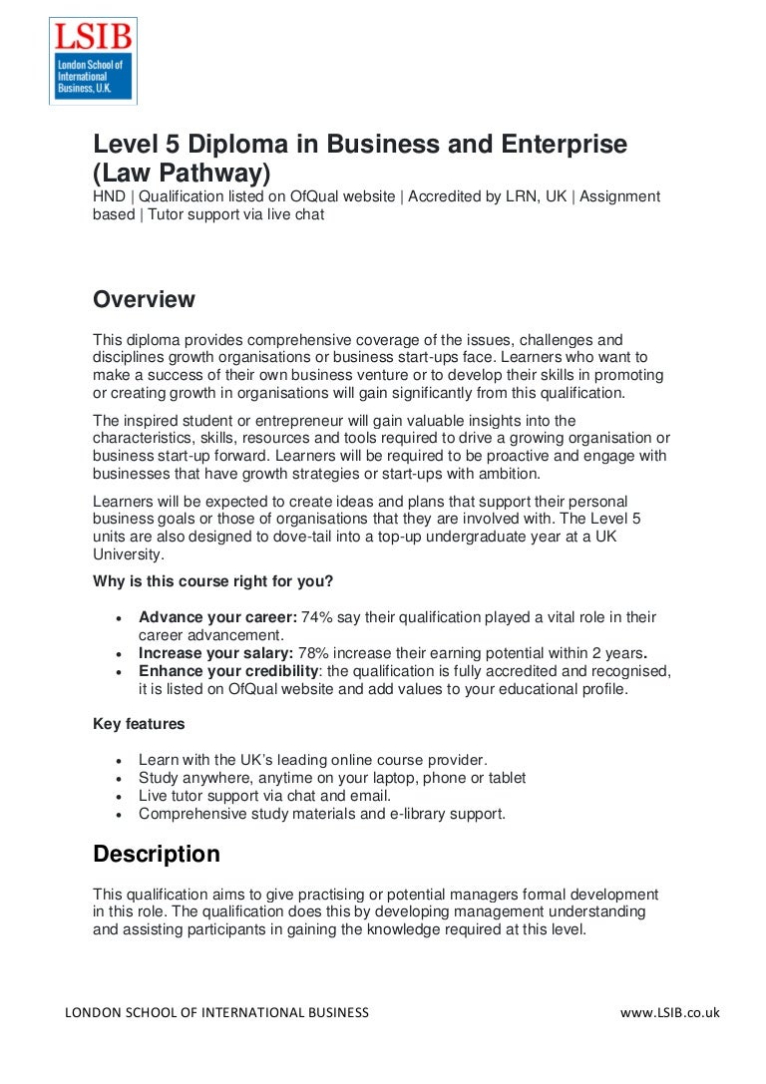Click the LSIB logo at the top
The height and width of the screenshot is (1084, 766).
coord(93,60)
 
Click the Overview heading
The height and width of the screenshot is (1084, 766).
coord(144,299)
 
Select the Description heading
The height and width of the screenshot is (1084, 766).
coord(157,855)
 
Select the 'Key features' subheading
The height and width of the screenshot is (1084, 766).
coord(139,724)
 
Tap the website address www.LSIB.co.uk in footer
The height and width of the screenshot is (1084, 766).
coord(669,1012)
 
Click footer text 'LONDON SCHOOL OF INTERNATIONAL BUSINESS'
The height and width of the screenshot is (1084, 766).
coord(216,1012)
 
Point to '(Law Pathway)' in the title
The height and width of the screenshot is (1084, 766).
coord(182,173)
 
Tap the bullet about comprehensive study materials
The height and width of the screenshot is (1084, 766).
coord(322,814)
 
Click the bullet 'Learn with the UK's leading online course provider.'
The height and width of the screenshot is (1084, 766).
coord(313,760)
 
